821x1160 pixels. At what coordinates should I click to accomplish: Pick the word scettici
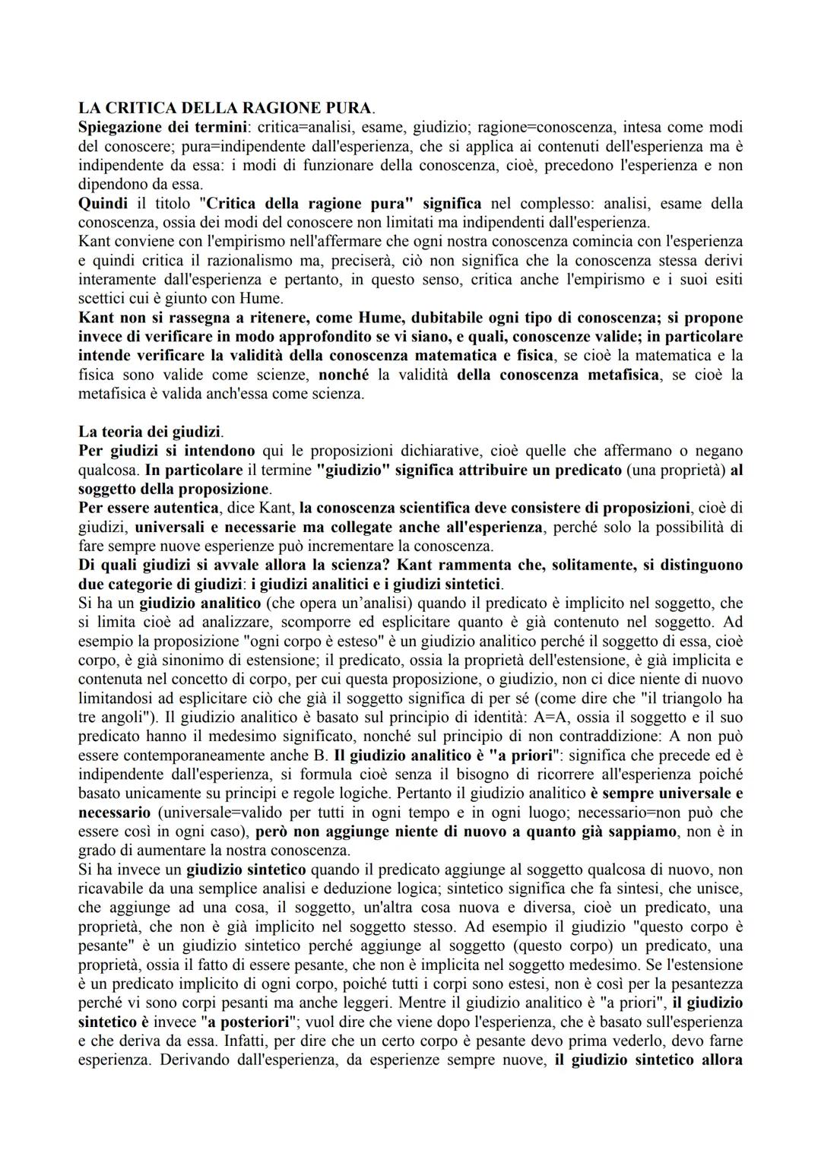tap(100, 299)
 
